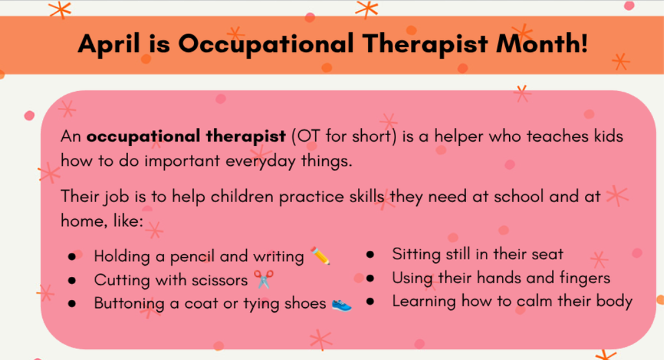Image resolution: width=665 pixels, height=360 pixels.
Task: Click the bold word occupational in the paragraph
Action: point(136,137)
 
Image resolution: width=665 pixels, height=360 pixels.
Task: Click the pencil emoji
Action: point(320,256)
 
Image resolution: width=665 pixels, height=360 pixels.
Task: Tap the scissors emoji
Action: point(262,279)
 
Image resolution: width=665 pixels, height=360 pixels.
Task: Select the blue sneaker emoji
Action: point(342,303)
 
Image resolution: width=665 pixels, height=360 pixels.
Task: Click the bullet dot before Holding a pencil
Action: point(71,257)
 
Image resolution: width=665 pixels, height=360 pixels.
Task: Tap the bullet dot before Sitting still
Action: point(370,255)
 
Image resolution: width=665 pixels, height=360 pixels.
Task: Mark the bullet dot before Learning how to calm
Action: point(370,302)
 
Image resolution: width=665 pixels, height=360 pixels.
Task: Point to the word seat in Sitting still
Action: point(546,255)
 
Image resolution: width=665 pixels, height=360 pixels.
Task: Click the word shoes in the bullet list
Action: point(305,303)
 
